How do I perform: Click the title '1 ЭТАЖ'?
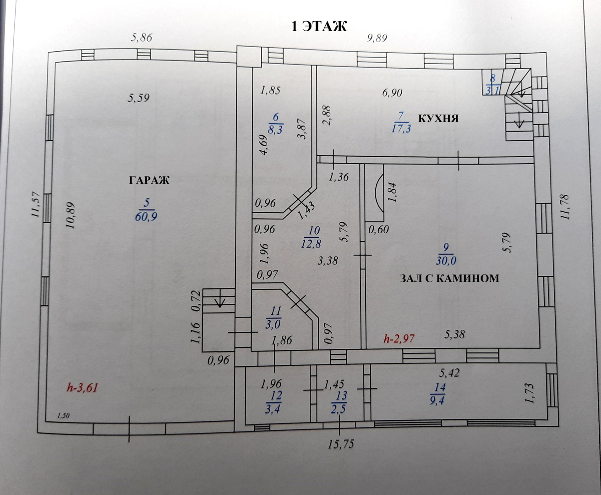pyautogui.click(x=320, y=26)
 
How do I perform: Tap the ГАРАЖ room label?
pyautogui.click(x=149, y=180)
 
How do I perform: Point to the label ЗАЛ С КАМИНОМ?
pyautogui.click(x=449, y=278)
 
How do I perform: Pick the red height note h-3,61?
pyautogui.click(x=83, y=388)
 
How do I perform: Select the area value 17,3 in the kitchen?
pyautogui.click(x=401, y=128)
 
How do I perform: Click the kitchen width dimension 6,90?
pyautogui.click(x=392, y=93)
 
